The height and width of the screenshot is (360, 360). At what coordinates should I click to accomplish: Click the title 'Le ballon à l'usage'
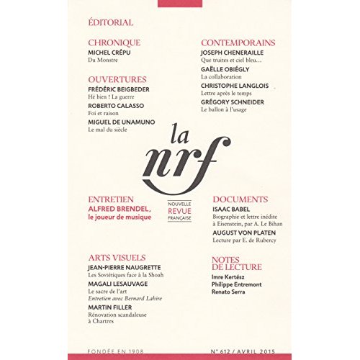[x=228, y=111]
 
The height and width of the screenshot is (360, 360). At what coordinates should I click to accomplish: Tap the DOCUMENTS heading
[x=240, y=199]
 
